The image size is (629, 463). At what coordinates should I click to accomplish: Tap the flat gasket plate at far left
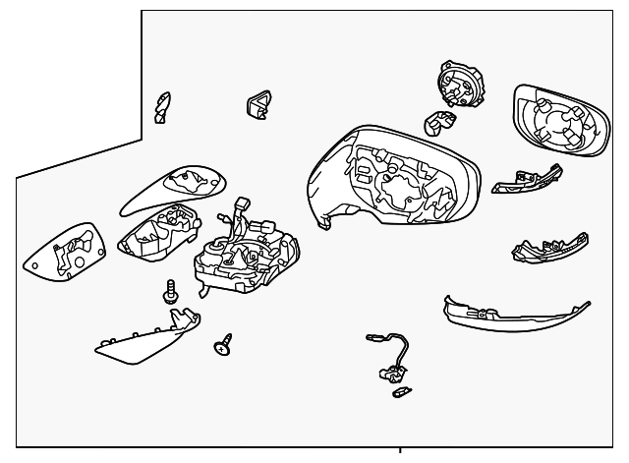pyautogui.click(x=67, y=255)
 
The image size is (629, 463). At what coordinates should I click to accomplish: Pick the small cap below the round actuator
pyautogui.click(x=437, y=123)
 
